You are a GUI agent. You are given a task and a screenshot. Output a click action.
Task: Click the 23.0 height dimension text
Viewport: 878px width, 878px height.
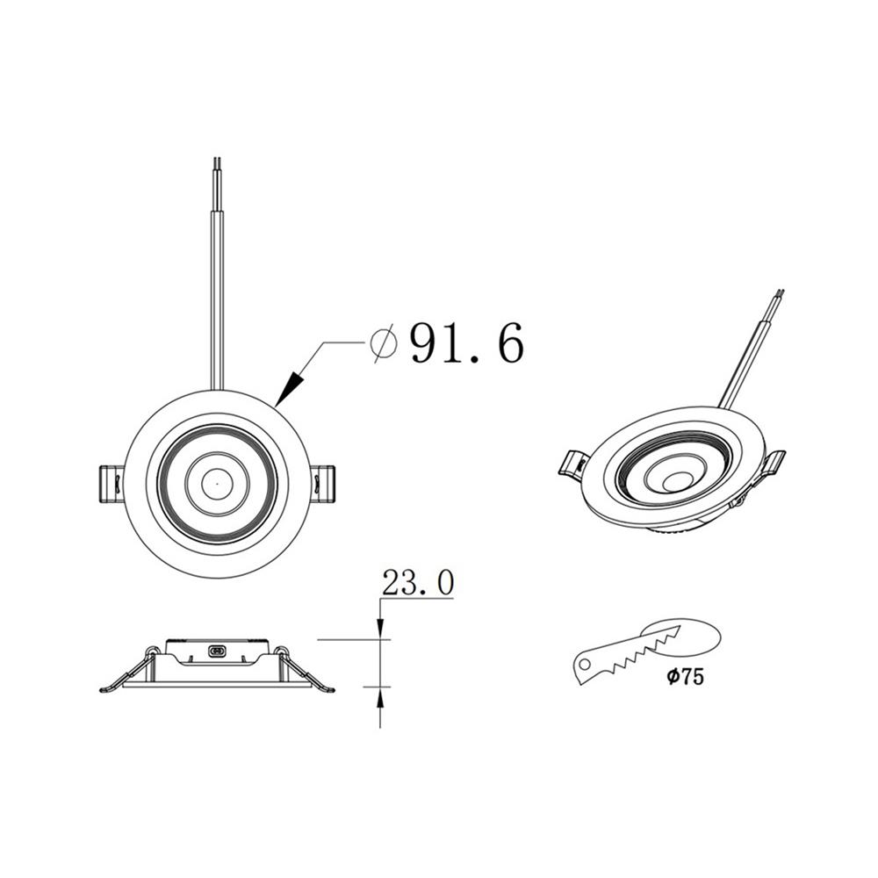pos(417,583)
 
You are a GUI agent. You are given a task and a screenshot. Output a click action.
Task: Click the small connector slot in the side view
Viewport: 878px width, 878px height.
pos(217,651)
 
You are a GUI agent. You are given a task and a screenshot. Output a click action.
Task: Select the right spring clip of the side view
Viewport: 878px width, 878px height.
pos(303,672)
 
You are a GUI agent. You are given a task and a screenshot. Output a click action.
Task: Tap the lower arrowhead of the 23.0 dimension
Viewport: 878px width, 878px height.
pos(379,695)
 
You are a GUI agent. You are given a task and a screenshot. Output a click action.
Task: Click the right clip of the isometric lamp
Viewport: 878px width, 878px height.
pos(774,464)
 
